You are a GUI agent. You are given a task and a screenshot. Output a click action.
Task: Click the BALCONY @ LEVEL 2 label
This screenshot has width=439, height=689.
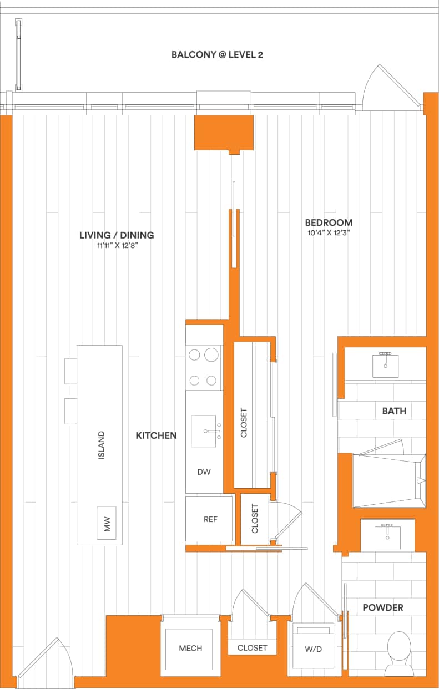216,55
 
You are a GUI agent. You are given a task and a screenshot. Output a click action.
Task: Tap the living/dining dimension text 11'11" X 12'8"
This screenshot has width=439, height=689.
116,245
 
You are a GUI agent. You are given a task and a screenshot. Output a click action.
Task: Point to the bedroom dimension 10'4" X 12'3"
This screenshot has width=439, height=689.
329,233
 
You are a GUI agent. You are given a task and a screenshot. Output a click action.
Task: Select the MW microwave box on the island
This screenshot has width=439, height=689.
107,523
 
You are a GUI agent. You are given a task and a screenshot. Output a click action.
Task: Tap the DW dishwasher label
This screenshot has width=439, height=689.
204,472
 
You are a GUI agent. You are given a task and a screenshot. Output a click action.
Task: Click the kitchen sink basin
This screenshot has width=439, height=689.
204,431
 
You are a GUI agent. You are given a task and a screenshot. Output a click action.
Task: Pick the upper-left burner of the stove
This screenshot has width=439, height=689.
195,354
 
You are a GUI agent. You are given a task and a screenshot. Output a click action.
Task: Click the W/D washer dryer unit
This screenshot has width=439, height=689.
314,647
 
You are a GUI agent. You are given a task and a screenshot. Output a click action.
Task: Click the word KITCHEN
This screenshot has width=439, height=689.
156,435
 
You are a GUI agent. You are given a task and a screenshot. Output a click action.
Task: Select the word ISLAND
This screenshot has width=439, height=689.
101,445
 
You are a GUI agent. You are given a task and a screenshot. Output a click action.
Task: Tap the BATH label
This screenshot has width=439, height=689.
393,411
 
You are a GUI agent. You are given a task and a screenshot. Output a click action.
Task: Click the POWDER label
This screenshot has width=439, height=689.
382,607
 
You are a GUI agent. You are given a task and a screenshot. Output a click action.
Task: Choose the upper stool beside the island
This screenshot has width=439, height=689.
71,371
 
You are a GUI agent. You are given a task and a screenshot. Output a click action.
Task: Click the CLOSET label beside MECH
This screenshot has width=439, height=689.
252,647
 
